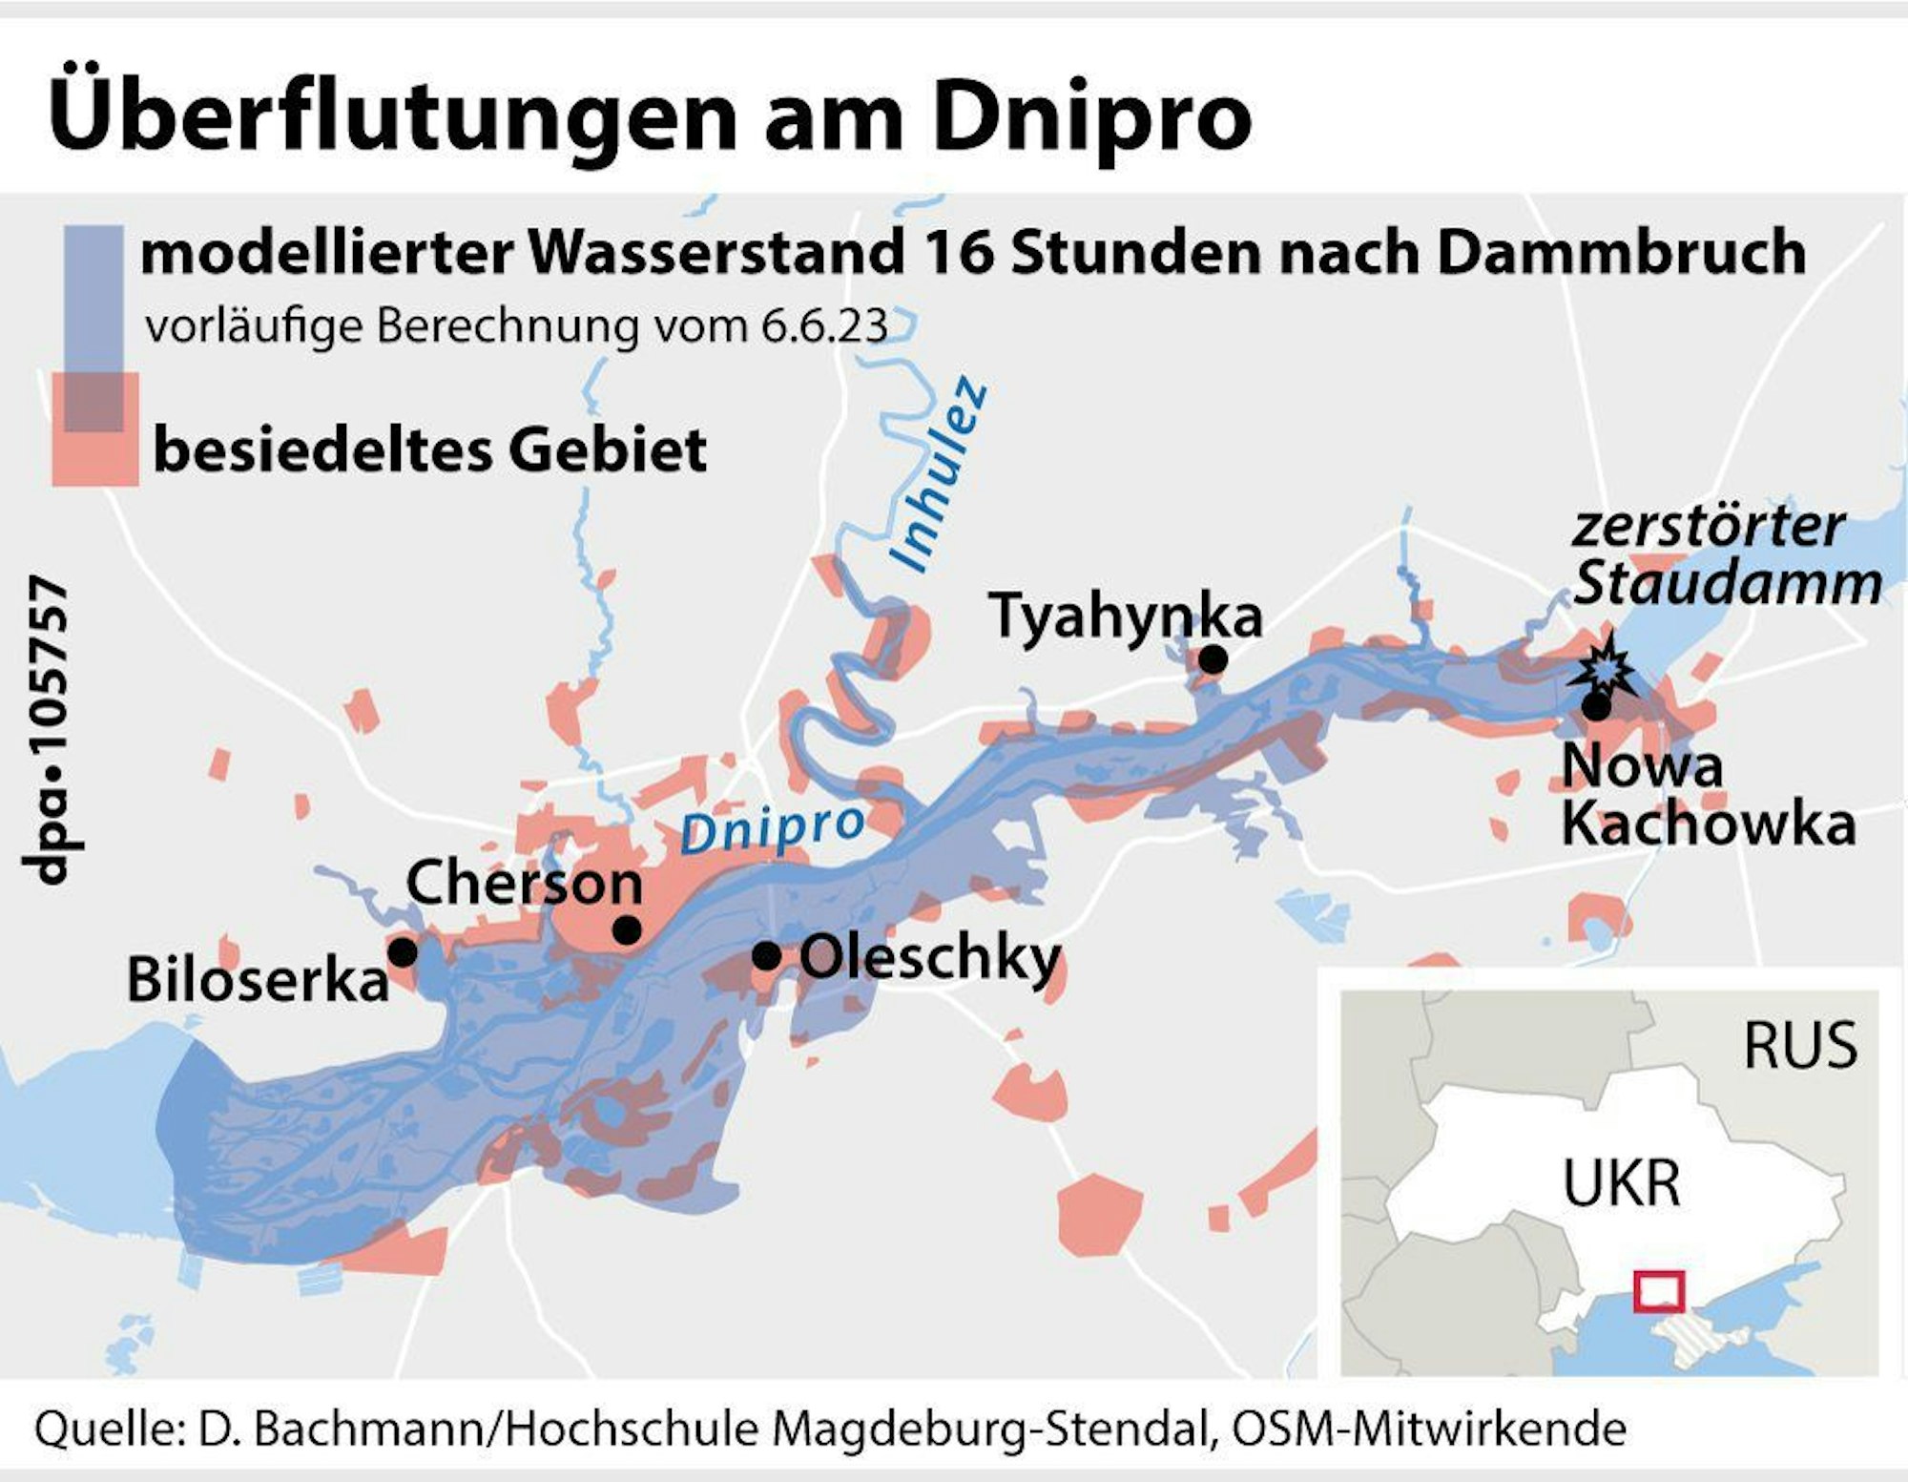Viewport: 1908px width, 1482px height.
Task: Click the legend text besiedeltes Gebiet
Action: [430, 449]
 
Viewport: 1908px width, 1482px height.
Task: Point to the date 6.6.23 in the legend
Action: [824, 327]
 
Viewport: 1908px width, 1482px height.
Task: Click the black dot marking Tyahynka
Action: [1213, 659]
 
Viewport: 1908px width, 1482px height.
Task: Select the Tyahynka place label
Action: [1125, 616]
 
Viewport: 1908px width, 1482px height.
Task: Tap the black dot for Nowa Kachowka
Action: [1595, 707]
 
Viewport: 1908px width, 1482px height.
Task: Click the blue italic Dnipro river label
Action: [772, 827]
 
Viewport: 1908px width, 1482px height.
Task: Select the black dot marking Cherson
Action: [627, 929]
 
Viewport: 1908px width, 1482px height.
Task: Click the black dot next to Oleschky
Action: [766, 954]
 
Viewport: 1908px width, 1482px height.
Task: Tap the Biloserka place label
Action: [258, 979]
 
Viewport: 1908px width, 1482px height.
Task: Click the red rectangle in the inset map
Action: [1658, 1291]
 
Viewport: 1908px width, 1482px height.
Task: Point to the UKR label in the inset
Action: [1621, 1182]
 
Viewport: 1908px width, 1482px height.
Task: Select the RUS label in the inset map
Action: [1800, 1045]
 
